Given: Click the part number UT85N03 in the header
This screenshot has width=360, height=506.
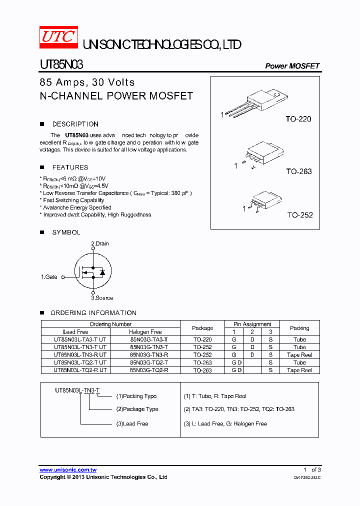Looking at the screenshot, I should (61, 65).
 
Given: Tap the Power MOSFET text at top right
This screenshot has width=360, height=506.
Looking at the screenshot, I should (292, 66).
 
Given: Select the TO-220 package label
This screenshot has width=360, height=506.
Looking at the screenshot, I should (298, 119).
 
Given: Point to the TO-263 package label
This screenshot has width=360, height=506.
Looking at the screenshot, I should (298, 171).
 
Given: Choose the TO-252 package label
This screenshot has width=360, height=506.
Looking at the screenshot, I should (299, 215).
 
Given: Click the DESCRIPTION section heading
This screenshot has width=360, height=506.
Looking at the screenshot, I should (75, 124).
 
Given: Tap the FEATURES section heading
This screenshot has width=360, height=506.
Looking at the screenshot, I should (70, 167).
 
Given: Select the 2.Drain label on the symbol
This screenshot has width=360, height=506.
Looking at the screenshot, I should (99, 243).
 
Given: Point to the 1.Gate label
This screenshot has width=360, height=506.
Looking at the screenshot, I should (49, 276).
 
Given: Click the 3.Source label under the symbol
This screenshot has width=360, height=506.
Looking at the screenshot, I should (101, 298).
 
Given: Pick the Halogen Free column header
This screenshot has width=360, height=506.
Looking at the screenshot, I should (145, 332).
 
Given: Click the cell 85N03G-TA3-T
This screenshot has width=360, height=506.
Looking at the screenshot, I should (149, 339).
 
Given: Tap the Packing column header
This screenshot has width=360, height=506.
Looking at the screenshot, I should (299, 328).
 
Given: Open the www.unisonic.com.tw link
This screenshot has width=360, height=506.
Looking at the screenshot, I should (68, 470).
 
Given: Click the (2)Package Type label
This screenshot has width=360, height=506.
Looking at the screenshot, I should (137, 409).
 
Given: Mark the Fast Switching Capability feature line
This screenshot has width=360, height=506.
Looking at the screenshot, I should (73, 200).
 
